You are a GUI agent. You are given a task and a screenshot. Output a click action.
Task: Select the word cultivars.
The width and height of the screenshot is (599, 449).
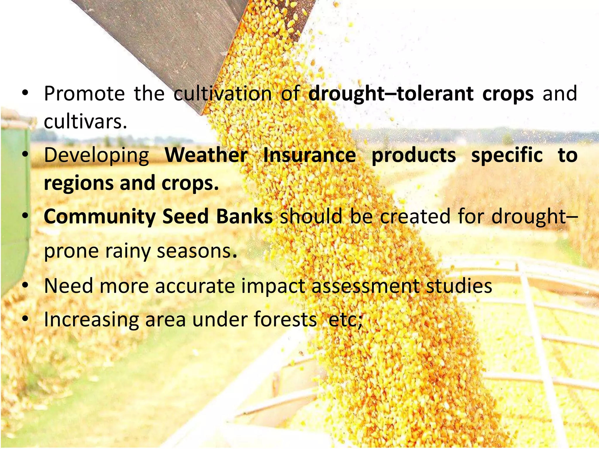[x=85, y=122]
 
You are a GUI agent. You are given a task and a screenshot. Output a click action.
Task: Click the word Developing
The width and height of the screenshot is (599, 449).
[x=97, y=156]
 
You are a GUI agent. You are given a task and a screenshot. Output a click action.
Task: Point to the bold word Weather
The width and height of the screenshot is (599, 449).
[x=206, y=155]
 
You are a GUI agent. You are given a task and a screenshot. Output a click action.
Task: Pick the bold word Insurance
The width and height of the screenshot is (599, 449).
[x=309, y=155]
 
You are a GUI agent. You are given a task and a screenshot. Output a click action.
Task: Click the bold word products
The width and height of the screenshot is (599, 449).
[x=414, y=156]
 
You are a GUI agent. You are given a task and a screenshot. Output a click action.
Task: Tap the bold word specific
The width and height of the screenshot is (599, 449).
[x=507, y=155]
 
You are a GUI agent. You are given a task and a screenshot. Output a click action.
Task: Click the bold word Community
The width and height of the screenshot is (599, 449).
[x=100, y=217]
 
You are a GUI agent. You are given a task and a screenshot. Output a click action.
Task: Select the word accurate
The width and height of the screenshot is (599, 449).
[x=195, y=286]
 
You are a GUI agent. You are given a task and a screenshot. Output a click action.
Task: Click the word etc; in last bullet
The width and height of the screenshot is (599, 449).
[x=345, y=320]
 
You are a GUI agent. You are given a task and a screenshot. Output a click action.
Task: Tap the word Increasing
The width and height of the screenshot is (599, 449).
[x=91, y=320]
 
